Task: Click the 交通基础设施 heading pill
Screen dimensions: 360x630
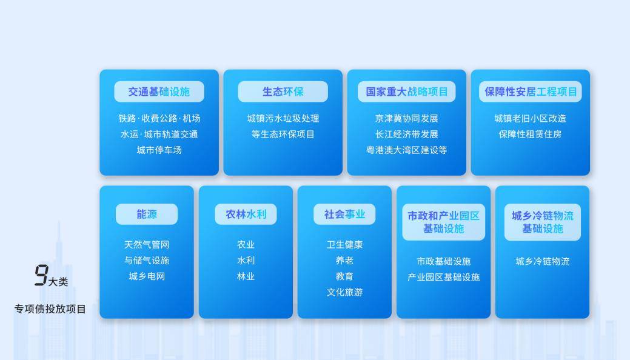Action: tap(159, 92)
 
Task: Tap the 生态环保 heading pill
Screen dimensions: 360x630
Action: tap(283, 92)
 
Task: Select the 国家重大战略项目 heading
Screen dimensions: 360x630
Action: tap(406, 92)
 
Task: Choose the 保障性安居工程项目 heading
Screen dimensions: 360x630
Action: tap(530, 92)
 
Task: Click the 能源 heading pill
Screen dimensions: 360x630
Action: tap(146, 214)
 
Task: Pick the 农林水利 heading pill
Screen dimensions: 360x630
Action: tap(246, 214)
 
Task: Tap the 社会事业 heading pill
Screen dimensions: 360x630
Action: tap(344, 214)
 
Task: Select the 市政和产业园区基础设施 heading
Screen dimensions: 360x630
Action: tap(443, 222)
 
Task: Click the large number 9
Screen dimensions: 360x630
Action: tap(41, 276)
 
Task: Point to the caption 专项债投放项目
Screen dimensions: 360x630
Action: tap(50, 309)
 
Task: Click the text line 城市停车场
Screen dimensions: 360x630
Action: tap(159, 150)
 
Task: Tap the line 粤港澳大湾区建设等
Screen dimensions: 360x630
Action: tap(406, 150)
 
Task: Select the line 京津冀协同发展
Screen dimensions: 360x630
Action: tap(406, 118)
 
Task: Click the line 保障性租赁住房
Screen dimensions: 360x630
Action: tap(530, 134)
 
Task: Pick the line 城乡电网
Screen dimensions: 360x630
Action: tap(146, 276)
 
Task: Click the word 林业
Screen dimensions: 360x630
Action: tap(246, 276)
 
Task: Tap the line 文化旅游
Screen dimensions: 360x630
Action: tap(344, 292)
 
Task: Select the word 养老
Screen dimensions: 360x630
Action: tap(344, 261)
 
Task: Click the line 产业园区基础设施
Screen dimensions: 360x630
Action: tap(443, 277)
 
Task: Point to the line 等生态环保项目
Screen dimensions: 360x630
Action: tap(283, 134)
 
